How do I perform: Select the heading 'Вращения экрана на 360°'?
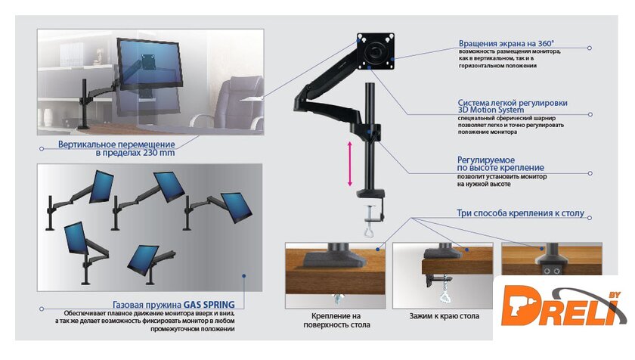[506, 43]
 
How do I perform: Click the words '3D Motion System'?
[490, 110]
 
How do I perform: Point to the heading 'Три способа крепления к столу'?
[521, 214]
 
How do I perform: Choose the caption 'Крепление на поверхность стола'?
[340, 320]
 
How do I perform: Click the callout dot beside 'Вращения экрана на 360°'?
[590, 48]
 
